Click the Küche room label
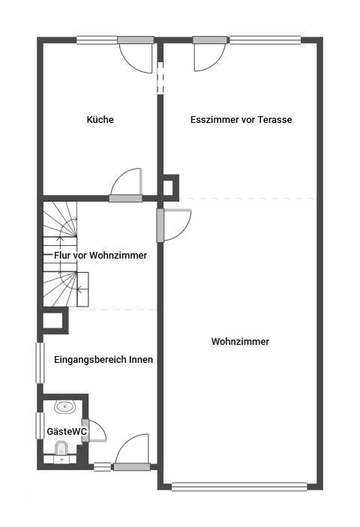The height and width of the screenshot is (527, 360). click(x=100, y=120)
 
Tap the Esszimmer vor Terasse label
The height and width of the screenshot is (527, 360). click(x=241, y=120)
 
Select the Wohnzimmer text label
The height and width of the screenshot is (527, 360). click(x=240, y=342)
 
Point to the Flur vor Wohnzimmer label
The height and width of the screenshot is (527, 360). click(x=100, y=256)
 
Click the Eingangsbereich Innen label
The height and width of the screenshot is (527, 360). click(x=103, y=360)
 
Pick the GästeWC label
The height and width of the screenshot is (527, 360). click(x=67, y=432)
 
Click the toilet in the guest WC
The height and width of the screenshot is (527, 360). click(x=61, y=448)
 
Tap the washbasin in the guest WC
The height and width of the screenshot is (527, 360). click(x=64, y=407)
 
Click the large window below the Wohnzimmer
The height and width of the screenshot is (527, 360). click(x=239, y=487)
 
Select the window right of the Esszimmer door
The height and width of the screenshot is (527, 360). click(x=265, y=40)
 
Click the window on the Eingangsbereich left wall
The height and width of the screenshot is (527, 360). click(x=40, y=363)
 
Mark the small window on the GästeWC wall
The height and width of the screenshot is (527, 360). click(x=40, y=426)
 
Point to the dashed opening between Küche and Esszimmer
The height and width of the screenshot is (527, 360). click(x=160, y=78)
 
